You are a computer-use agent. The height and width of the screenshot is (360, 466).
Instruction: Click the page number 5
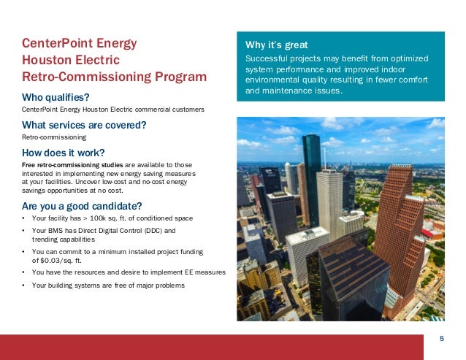tap(442, 338)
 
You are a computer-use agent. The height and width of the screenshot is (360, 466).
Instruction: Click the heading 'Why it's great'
tap(272, 45)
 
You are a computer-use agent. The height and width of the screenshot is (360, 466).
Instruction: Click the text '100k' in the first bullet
tap(93, 218)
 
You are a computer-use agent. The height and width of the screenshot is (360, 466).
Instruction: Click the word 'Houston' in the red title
tap(47, 60)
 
